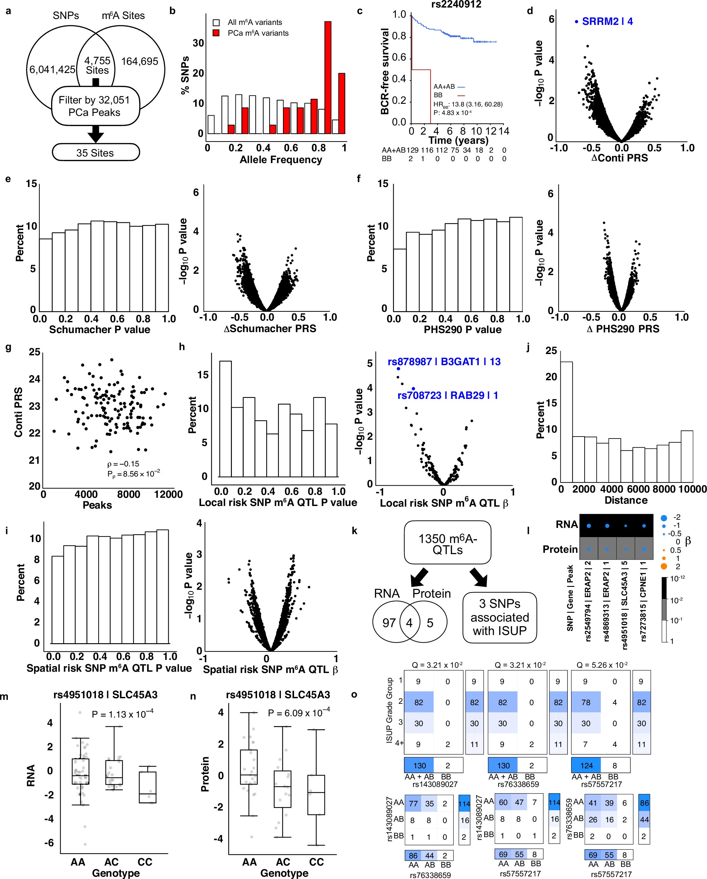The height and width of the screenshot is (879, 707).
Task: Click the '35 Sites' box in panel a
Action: [x=95, y=153]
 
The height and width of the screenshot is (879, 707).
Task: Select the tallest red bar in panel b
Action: [x=327, y=78]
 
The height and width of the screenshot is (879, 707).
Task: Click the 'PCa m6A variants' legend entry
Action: [x=258, y=33]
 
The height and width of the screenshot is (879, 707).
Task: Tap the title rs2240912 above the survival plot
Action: [x=456, y=5]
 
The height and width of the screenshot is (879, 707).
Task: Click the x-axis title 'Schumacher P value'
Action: [x=100, y=329]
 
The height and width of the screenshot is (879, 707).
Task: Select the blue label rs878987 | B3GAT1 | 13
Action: [x=444, y=362]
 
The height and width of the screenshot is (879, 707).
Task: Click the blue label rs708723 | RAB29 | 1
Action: [x=447, y=395]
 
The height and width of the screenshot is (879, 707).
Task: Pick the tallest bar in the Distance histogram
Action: [x=566, y=421]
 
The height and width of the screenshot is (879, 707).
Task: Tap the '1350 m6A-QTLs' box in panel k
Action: [x=447, y=544]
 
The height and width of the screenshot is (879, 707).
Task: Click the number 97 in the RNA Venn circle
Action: [x=389, y=623]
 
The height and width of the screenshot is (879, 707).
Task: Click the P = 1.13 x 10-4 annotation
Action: [x=122, y=714]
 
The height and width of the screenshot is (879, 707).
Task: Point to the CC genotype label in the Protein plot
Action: [x=316, y=862]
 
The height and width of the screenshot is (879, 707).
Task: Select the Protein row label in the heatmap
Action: [x=560, y=549]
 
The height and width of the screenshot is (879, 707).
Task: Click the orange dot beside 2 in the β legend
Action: [x=663, y=566]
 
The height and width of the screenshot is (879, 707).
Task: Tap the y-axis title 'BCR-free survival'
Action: [x=384, y=71]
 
